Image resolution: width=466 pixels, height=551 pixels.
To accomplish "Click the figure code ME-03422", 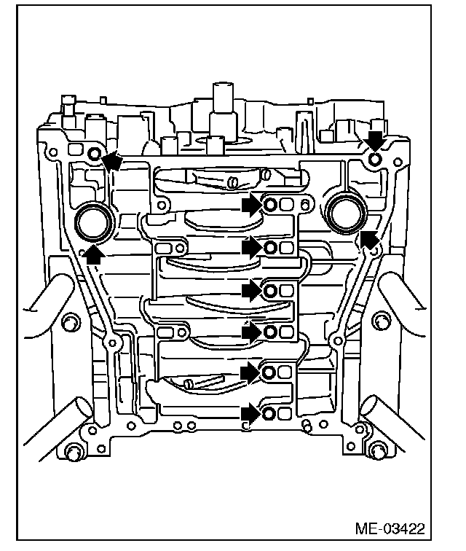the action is (x=391, y=527).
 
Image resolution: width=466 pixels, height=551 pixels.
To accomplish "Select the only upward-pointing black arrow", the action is (x=92, y=253).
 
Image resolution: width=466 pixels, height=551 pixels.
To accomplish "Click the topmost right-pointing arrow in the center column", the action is (x=252, y=206).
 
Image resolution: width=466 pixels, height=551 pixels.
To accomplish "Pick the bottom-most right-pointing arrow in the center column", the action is (x=252, y=413).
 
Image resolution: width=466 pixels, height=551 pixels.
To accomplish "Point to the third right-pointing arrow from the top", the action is (x=252, y=291).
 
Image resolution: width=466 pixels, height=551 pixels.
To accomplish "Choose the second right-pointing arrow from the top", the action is (x=252, y=248).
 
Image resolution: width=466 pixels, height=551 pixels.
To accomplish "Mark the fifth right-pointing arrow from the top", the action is (x=252, y=372).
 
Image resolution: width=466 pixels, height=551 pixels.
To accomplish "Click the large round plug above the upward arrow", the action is (x=92, y=221).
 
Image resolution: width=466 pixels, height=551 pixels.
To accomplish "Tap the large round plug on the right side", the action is (x=344, y=212).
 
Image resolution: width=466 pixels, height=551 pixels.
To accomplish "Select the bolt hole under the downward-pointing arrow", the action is (x=374, y=158).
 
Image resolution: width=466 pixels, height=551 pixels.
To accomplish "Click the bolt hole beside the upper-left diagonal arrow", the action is (x=94, y=154).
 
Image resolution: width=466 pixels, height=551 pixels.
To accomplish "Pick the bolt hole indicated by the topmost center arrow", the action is (x=269, y=206).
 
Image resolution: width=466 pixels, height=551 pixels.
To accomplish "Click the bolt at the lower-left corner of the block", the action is (x=72, y=453).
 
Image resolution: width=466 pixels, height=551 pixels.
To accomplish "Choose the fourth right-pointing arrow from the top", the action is (x=252, y=332).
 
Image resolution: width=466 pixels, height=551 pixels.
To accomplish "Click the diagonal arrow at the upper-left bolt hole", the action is (x=111, y=160).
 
